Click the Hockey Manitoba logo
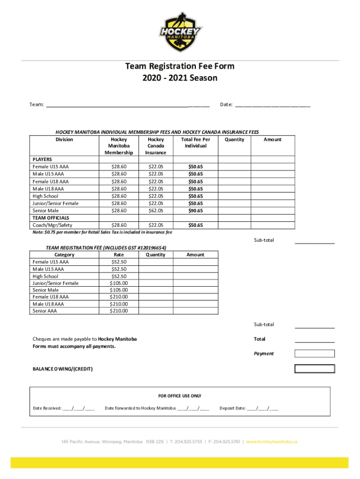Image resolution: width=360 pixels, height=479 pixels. (180, 32)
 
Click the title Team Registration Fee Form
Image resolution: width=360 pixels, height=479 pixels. (180, 66)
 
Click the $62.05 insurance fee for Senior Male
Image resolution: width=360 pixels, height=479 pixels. (156, 211)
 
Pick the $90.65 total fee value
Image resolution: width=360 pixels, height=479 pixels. (195, 211)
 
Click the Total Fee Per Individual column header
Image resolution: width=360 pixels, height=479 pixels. (195, 143)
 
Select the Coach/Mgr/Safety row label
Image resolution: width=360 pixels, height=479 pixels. (52, 225)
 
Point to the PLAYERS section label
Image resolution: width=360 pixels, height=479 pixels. (42, 159)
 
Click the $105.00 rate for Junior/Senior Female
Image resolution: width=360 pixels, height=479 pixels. (118, 283)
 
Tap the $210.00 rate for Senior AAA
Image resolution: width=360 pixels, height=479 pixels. (118, 310)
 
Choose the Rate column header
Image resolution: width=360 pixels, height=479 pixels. (118, 255)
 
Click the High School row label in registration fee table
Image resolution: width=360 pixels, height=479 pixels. (45, 276)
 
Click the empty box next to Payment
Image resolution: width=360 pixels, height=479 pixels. (314, 354)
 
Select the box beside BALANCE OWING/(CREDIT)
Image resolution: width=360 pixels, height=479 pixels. (314, 369)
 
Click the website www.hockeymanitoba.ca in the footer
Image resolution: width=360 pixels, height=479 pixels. (272, 442)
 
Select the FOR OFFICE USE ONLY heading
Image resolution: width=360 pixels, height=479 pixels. (180, 396)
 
